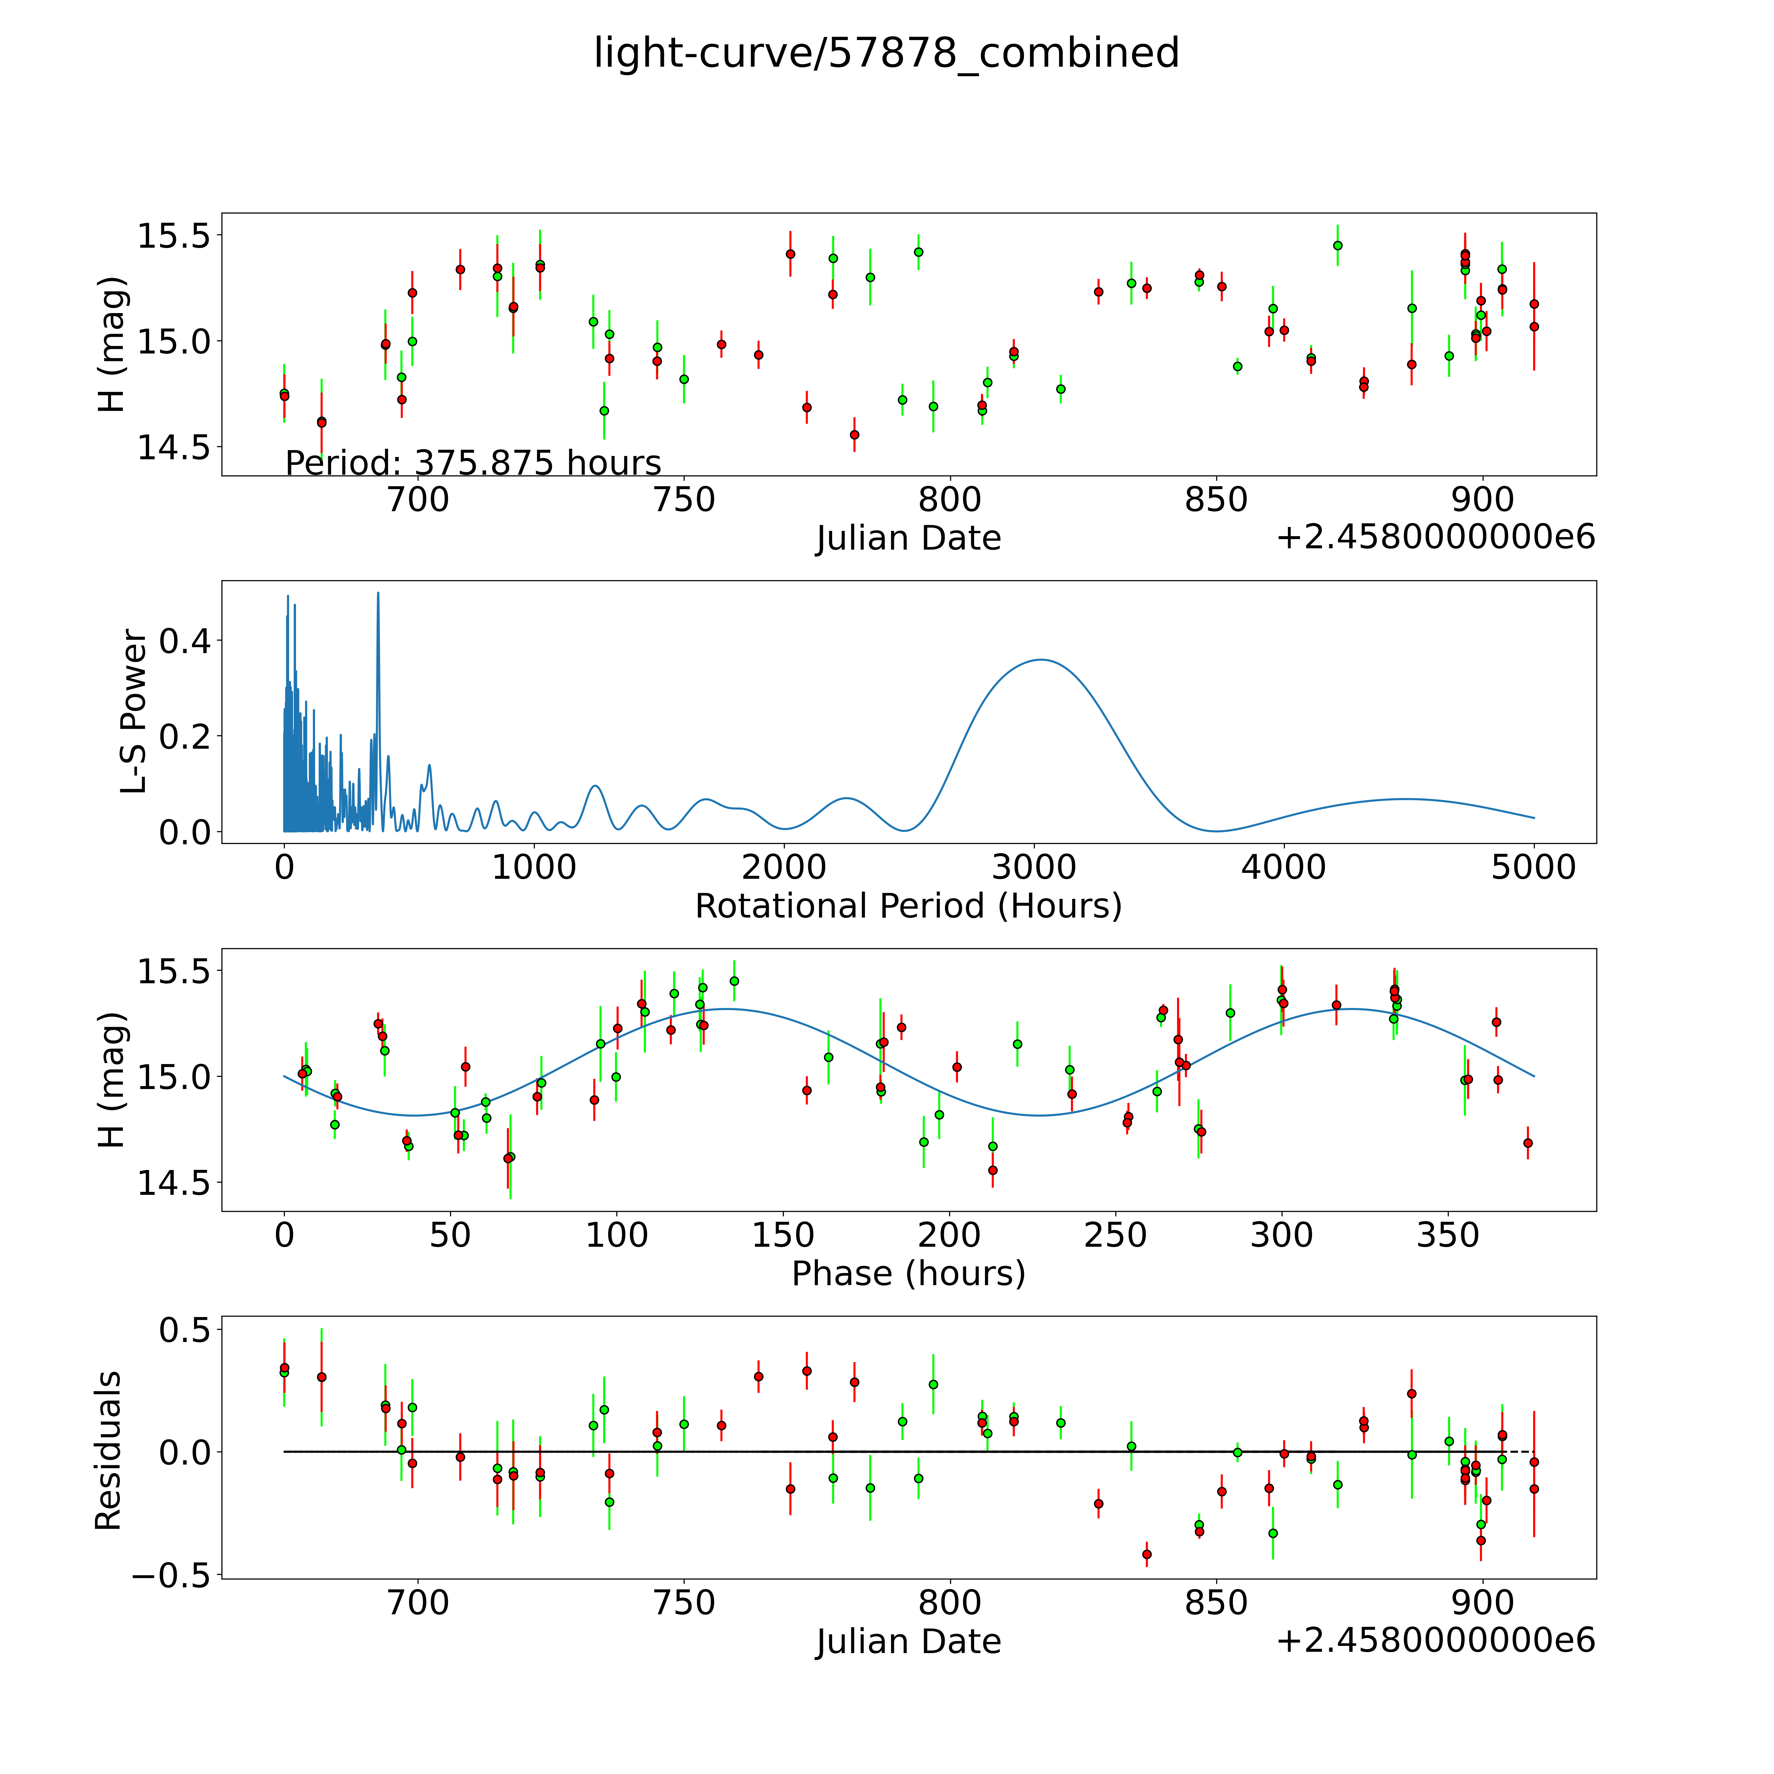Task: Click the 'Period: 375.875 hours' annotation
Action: coord(473,463)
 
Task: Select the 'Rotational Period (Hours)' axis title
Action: coord(908,906)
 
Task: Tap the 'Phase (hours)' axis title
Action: coord(908,1274)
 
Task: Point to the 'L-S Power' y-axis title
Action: coord(134,712)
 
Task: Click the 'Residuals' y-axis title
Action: coord(108,1451)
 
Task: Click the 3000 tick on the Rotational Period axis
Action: coord(1034,867)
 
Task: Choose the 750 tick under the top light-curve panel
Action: coord(684,500)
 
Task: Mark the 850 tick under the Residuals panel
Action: coord(1216,1603)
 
